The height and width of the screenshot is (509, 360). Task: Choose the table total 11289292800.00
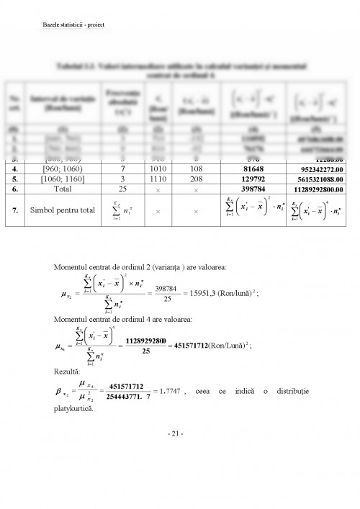click(x=313, y=193)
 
